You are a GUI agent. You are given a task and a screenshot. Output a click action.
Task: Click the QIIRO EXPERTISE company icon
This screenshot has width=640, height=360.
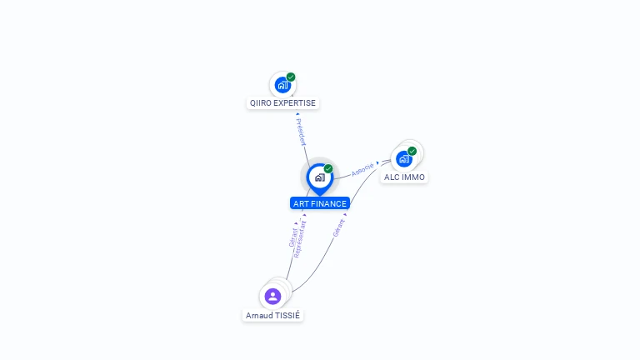coord(282,85)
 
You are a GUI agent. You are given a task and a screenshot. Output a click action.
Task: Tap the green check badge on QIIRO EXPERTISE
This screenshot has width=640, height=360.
coord(291,77)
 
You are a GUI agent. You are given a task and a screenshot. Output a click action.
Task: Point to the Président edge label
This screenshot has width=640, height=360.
coord(301,132)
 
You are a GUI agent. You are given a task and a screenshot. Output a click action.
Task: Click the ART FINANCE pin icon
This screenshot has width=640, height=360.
coord(319,177)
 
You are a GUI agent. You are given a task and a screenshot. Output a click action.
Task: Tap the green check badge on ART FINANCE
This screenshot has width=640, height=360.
coord(328,168)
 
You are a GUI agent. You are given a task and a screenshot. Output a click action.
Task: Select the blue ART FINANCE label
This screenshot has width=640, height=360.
coord(320,203)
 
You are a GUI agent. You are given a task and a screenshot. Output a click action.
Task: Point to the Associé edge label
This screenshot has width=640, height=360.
coord(362,168)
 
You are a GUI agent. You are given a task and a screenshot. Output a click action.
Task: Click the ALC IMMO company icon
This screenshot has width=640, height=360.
coord(404,158)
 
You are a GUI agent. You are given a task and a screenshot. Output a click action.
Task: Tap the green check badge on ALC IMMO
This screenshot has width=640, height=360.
coord(412,151)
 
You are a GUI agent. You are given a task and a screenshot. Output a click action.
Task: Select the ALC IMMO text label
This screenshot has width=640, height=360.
coord(404,177)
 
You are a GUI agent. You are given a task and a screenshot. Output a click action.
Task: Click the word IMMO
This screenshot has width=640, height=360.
coord(414,177)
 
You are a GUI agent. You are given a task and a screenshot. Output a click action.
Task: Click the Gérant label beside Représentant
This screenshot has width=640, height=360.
coord(292,236)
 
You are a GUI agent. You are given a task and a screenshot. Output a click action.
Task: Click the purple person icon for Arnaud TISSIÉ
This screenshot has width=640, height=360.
coord(272,296)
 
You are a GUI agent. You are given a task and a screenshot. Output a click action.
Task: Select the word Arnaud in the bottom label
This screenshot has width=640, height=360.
coord(258,316)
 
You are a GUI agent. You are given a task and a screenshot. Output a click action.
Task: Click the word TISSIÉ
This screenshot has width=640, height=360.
coord(287,316)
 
